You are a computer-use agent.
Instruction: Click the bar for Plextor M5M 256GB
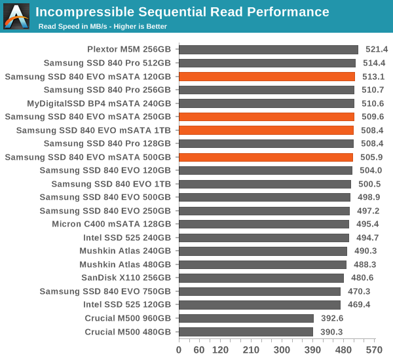pos(268,49)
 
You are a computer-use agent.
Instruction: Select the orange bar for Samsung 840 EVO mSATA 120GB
pos(267,77)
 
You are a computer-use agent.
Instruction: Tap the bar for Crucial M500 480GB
pos(246,332)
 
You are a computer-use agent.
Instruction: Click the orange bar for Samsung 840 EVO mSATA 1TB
pos(266,130)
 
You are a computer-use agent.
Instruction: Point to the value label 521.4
pos(377,49)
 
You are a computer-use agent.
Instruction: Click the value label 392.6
pos(332,318)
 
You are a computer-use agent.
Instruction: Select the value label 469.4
pos(359,305)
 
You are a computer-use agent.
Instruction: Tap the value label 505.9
pos(371,157)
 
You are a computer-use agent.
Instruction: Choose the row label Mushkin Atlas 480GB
pos(125,264)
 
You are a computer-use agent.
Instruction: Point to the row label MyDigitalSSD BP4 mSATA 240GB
pos(99,103)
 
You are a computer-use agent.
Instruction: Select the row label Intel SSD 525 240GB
pos(128,238)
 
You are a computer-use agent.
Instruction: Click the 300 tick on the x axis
pos(282,350)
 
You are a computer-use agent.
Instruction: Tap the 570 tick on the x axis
pos(374,350)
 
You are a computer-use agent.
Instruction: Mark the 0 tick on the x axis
pos(179,350)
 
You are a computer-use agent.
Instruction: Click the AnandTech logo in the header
pos(16,16)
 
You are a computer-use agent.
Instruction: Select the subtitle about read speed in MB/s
pos(102,26)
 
